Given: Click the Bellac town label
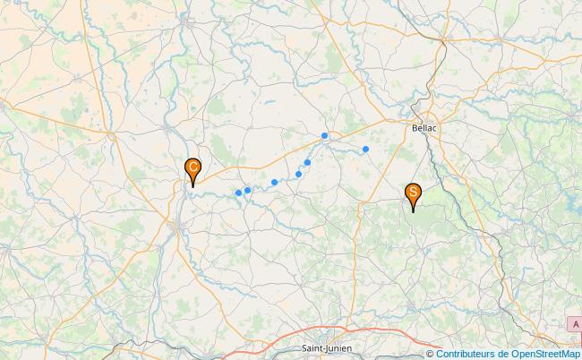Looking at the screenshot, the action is point(425,128).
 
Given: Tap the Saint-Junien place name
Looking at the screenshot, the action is point(327,347).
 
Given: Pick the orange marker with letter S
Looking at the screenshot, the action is point(413,193).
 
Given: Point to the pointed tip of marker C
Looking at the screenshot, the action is point(193,186).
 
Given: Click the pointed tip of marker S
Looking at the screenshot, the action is point(413,211).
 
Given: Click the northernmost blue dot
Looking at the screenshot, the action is point(324,136).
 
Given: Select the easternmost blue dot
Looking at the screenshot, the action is point(365,149).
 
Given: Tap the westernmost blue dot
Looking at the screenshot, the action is point(238,193).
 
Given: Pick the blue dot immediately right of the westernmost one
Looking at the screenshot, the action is point(247,190).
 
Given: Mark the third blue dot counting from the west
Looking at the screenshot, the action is point(274,182).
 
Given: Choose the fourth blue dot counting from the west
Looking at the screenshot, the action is point(299,174).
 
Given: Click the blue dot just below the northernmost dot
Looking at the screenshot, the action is point(307,162).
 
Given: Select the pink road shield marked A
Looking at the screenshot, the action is point(576,323).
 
